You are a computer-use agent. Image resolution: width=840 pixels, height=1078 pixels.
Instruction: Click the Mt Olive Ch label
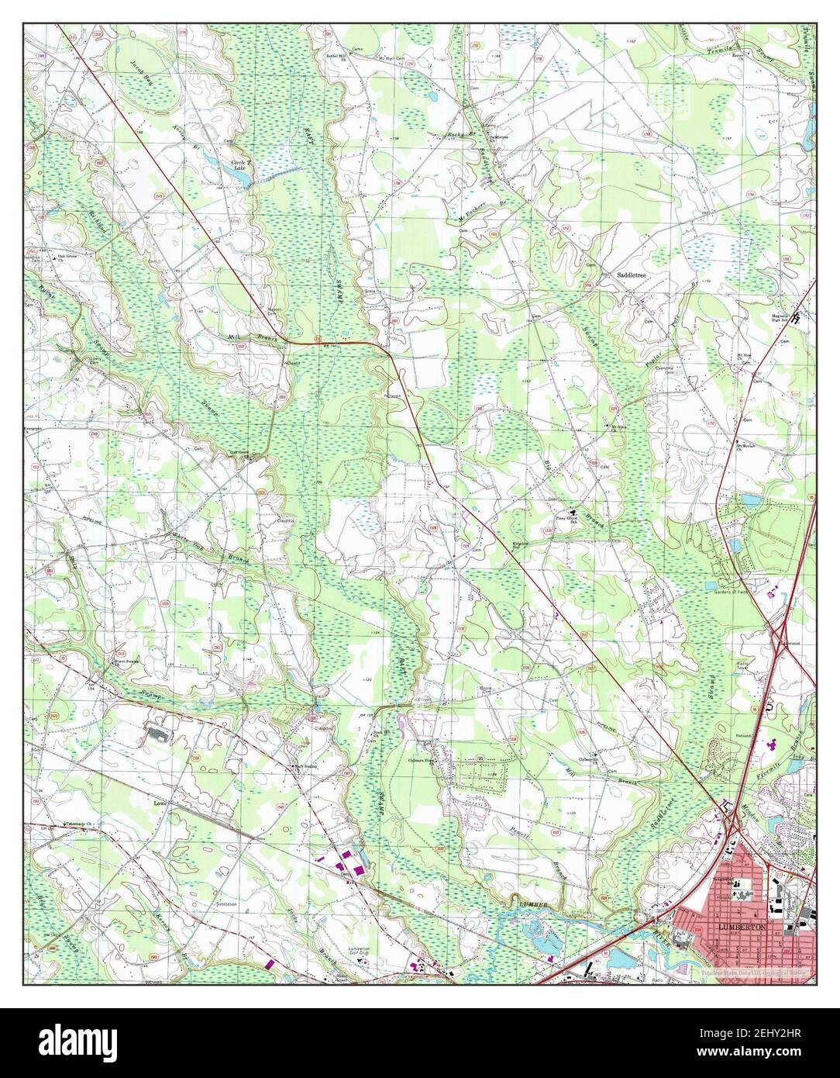(618, 427)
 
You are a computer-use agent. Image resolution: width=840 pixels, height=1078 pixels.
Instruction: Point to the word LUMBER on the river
(534, 904)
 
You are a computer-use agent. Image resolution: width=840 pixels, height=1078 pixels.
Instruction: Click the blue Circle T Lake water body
(242, 178)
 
